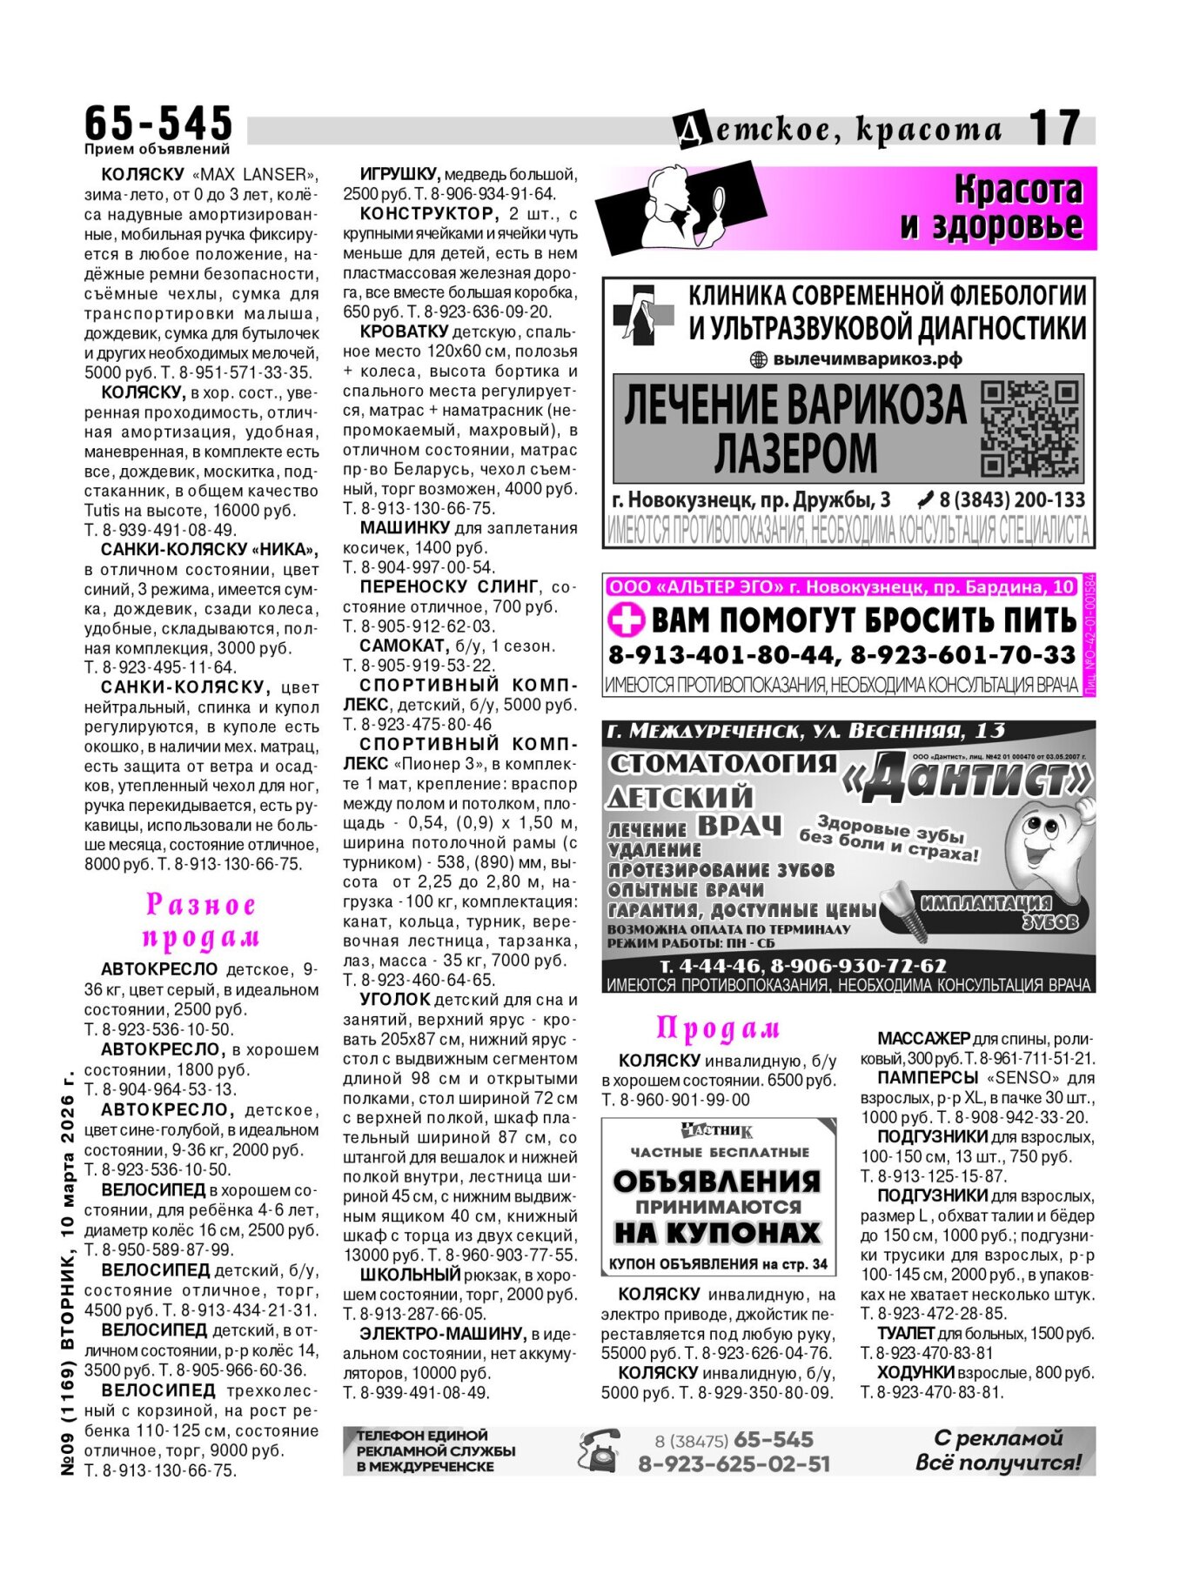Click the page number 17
click(x=1055, y=128)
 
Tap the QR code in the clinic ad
click(x=1030, y=428)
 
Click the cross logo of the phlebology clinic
click(x=643, y=315)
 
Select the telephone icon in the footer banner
click(x=599, y=1450)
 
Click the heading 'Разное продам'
click(x=201, y=921)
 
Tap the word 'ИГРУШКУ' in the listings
click(x=399, y=174)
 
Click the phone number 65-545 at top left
click(x=158, y=123)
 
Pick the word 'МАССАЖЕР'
click(x=922, y=1038)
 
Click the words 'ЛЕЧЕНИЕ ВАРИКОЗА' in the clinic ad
click(x=794, y=405)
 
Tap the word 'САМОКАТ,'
click(x=405, y=646)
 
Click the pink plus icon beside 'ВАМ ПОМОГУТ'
click(x=626, y=621)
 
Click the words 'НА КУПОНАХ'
click(x=717, y=1233)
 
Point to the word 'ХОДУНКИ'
click(x=915, y=1373)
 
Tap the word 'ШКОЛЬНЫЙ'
click(x=410, y=1275)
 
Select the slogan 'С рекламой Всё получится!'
click(x=998, y=1450)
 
